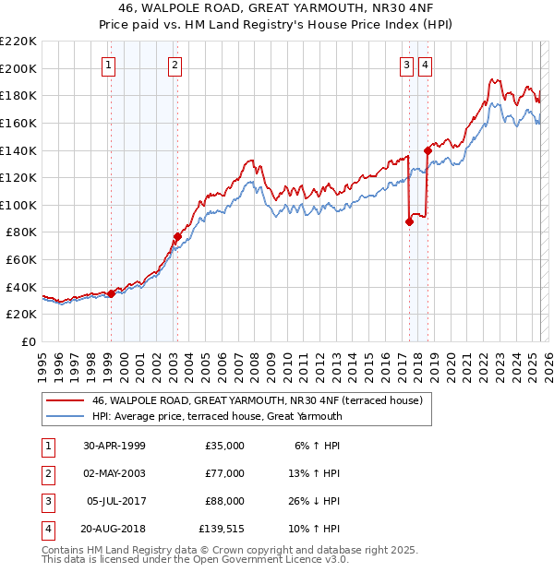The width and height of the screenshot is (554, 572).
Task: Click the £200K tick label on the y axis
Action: (18, 68)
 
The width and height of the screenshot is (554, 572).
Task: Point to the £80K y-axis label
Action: (21, 232)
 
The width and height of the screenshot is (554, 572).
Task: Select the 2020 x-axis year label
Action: (449, 360)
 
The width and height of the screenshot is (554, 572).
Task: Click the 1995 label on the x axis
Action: (42, 360)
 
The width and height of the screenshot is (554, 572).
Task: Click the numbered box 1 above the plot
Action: (109, 65)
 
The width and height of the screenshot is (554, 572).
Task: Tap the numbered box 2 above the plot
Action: (175, 65)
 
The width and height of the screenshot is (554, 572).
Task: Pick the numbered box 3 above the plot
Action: (407, 65)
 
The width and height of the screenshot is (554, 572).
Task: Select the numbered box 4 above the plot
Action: (425, 65)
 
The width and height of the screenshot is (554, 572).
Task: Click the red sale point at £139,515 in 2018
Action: (428, 150)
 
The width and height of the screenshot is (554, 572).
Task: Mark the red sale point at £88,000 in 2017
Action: (409, 221)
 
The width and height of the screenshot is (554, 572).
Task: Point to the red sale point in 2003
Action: (177, 236)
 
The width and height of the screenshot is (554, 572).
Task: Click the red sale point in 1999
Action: (112, 293)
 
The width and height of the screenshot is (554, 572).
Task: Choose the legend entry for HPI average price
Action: (216, 416)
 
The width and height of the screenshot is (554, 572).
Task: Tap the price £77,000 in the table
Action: (223, 473)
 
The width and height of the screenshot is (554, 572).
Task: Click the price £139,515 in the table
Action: (222, 530)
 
